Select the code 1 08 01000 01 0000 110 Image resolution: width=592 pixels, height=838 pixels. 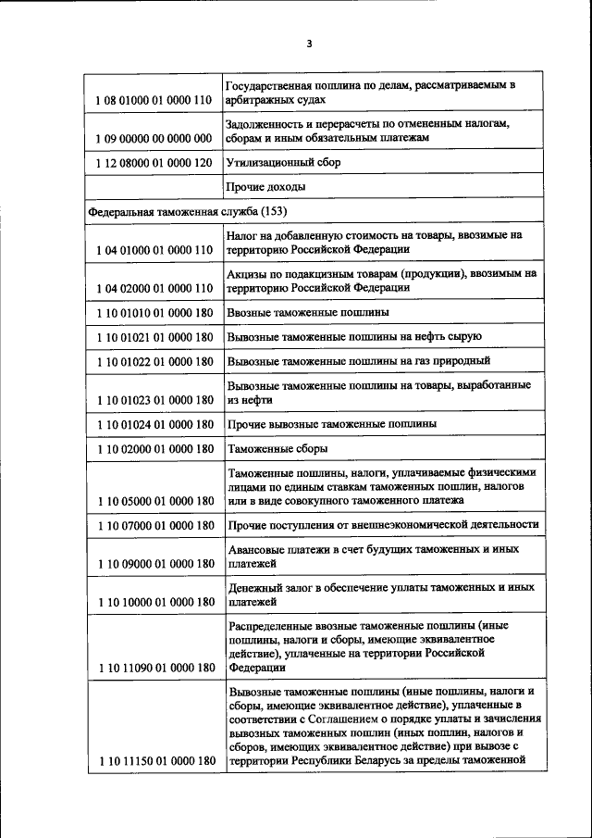pyautogui.click(x=154, y=100)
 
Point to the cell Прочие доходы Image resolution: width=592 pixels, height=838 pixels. pyautogui.click(x=266, y=187)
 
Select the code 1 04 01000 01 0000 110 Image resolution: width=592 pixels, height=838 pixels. pyautogui.click(x=154, y=250)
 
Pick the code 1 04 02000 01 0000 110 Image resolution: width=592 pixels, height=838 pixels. pyautogui.click(x=154, y=289)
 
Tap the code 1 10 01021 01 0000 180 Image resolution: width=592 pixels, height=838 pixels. pyautogui.click(x=154, y=337)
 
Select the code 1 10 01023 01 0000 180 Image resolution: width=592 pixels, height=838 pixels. pyautogui.click(x=154, y=400)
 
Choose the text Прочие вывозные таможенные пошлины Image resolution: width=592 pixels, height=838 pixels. pyautogui.click(x=332, y=423)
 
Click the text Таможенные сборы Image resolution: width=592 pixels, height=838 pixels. pyautogui.click(x=277, y=448)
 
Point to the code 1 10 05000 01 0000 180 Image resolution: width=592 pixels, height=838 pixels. pyautogui.click(x=154, y=501)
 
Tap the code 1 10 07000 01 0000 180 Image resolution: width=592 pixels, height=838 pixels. pyautogui.click(x=154, y=525)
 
